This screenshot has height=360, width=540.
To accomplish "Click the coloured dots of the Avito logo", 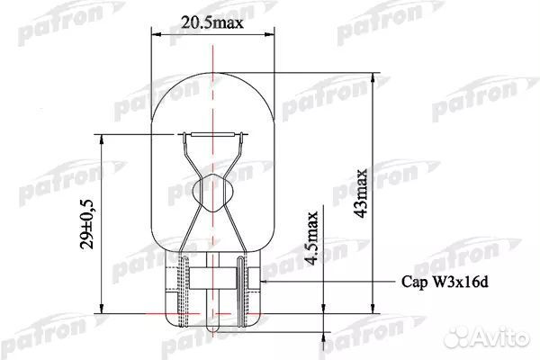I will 459,337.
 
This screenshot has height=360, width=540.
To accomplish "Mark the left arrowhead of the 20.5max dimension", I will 152,35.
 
